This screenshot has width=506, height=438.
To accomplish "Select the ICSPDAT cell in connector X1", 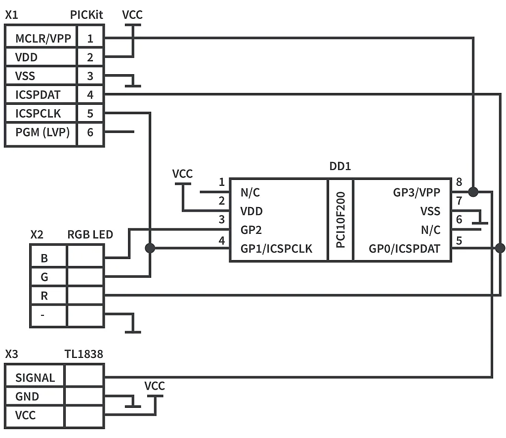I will click(38, 95).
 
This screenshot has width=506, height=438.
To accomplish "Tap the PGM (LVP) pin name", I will click(42, 132).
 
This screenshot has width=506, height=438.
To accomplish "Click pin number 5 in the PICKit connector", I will click(90, 114).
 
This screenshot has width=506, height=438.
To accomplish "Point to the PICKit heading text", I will click(86, 15).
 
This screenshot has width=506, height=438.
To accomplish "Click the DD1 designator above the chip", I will click(340, 167).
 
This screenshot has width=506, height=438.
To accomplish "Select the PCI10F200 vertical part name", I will click(340, 220).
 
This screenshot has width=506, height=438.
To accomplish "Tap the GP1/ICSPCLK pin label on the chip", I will click(276, 249).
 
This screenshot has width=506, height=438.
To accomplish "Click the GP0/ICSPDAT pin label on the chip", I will click(404, 249).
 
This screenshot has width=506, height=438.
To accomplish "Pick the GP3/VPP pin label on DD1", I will click(417, 193).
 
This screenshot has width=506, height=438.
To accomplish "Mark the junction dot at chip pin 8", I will click(473, 191).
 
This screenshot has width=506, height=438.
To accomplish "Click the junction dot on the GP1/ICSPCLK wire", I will click(150, 248).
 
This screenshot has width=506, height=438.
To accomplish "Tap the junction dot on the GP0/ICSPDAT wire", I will click(500, 248).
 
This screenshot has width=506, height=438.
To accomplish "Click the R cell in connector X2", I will click(45, 296).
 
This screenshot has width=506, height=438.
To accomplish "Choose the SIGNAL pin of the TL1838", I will click(35, 378).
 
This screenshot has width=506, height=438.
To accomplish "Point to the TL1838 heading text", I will click(84, 354).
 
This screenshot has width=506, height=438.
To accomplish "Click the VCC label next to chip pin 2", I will click(182, 174).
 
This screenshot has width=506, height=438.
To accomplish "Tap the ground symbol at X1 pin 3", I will click(132, 84).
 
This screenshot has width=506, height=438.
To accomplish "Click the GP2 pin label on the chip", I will click(251, 230).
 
